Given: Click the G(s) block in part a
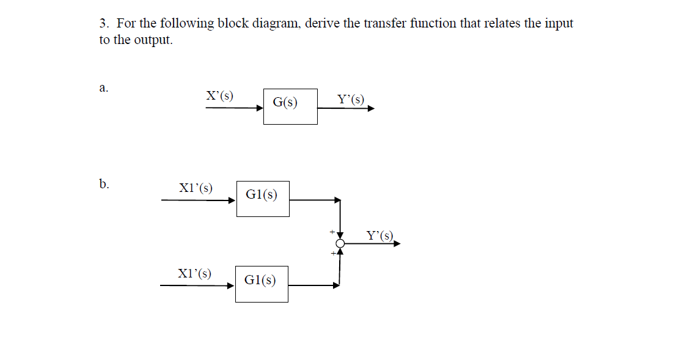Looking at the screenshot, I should tap(290, 106).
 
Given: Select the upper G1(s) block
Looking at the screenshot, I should tap(263, 198).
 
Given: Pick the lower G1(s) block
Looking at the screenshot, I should tap(262, 284).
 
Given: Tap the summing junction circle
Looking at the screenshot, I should tap(340, 244).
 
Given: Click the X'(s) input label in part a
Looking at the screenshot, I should tap(219, 96).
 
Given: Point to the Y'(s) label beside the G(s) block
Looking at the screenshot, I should tap(350, 100).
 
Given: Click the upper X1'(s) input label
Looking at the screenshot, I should tap(196, 188).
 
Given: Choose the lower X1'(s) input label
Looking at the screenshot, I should tap(194, 273).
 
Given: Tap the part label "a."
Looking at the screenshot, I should tap(103, 88).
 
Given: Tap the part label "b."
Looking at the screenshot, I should tap(104, 183).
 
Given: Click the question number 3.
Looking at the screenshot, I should tap(104, 24).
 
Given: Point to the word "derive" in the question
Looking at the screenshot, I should tap(322, 24).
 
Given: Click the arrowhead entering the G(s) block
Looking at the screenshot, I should tap(259, 108).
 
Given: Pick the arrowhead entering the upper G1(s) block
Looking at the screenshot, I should tap(232, 199).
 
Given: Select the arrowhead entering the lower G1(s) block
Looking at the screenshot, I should tap(231, 285).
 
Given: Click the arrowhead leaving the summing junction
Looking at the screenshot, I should tap(397, 244).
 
